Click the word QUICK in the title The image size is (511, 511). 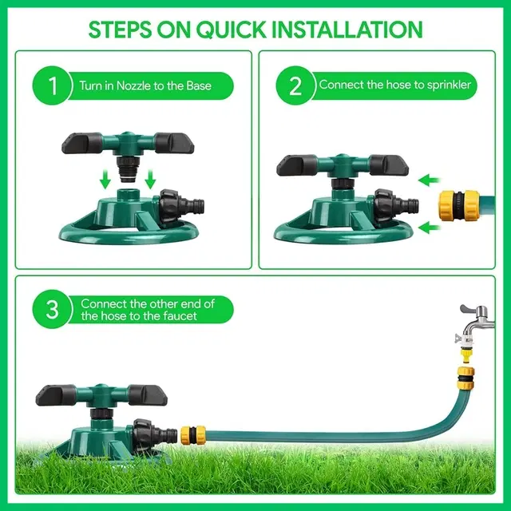pyautogui.click(x=231, y=30)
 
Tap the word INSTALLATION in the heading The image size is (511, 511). pyautogui.click(x=347, y=30)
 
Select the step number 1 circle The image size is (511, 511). pyautogui.click(x=52, y=85)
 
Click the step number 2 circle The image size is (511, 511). pyautogui.click(x=295, y=85)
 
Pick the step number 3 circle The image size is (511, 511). pyautogui.click(x=52, y=309)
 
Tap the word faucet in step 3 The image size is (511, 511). pyautogui.click(x=181, y=316)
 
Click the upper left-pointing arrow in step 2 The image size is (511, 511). pyautogui.click(x=430, y=180)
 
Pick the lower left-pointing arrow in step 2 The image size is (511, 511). pyautogui.click(x=430, y=228)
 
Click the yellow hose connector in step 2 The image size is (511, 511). pyautogui.click(x=460, y=205)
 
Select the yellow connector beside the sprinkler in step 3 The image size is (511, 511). pyautogui.click(x=193, y=434)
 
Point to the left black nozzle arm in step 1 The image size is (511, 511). pyautogui.click(x=81, y=143)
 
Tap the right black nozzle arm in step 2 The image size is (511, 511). pyautogui.click(x=389, y=166)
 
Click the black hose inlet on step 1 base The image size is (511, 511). pyautogui.click(x=181, y=206)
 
